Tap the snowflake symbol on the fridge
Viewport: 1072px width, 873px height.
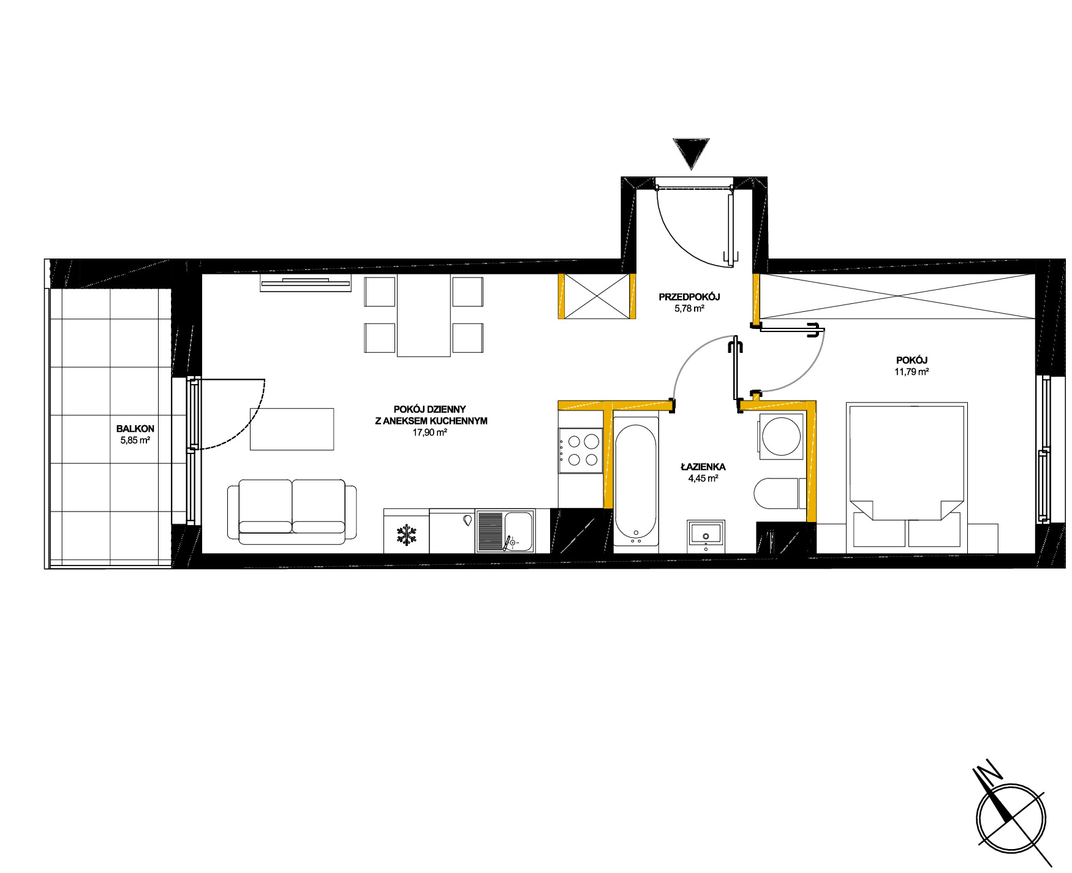point(406,534)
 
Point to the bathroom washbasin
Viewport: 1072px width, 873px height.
point(706,532)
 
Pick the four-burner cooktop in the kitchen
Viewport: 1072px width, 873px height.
point(581,450)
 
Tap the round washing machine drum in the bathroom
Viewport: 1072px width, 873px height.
point(780,436)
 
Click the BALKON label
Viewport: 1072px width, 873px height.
point(135,429)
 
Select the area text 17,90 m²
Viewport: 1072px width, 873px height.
point(429,432)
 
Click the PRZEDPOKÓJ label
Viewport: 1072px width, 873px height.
point(689,297)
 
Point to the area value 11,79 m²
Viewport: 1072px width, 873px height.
point(912,371)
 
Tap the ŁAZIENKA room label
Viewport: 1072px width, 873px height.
point(703,467)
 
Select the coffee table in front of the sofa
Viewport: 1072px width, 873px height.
point(292,429)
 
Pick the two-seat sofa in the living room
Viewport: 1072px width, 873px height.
point(292,512)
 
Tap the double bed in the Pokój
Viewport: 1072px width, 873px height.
point(907,475)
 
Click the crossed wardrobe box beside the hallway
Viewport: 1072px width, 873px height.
point(597,297)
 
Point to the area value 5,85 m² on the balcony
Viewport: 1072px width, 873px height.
point(135,439)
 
